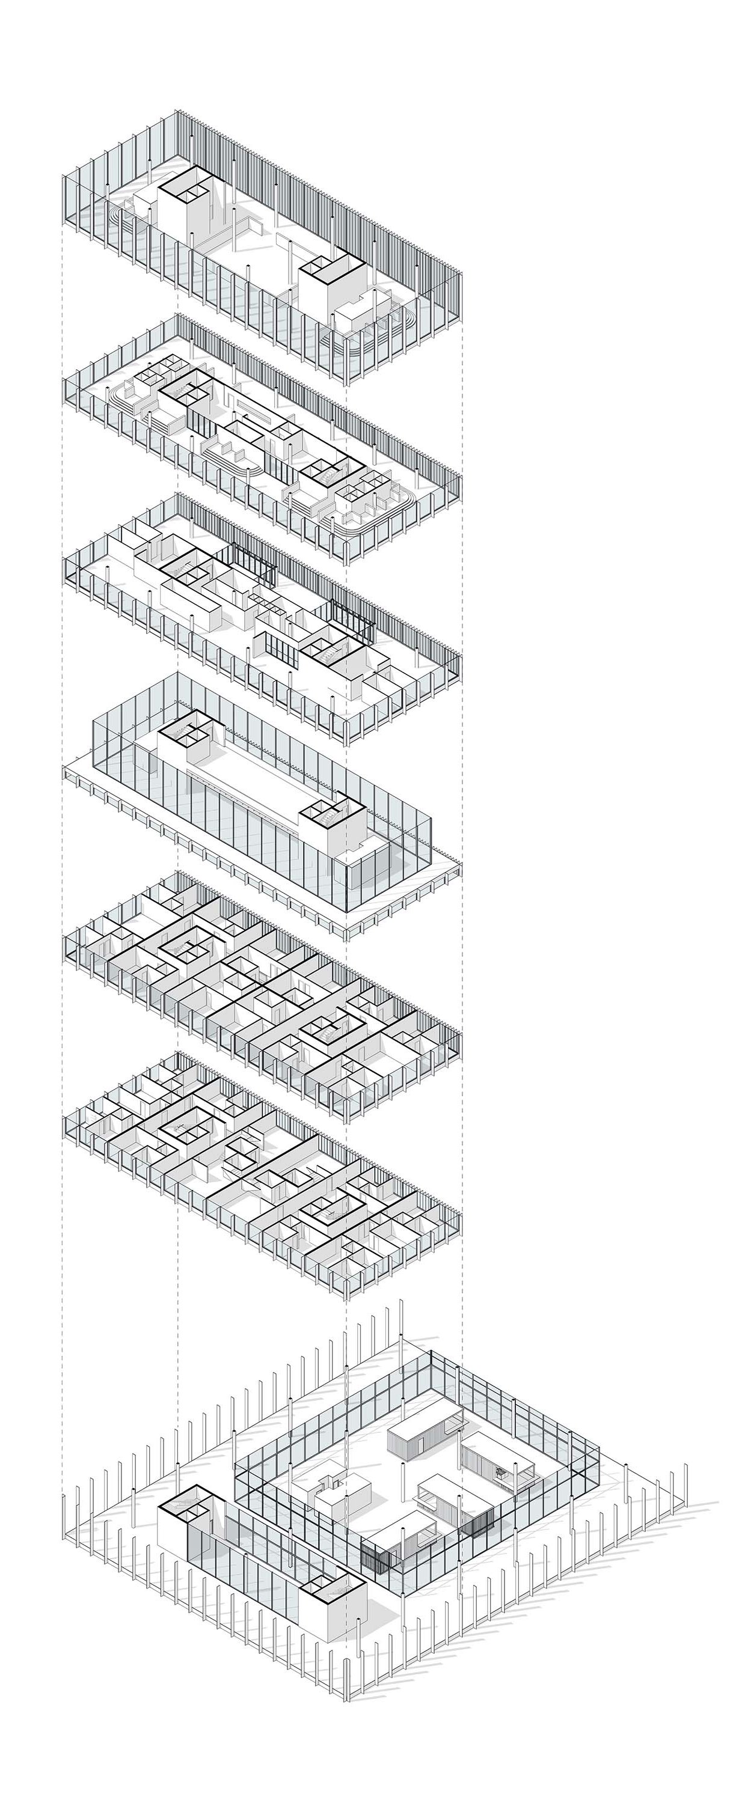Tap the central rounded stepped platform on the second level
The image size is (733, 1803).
tap(231, 455)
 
